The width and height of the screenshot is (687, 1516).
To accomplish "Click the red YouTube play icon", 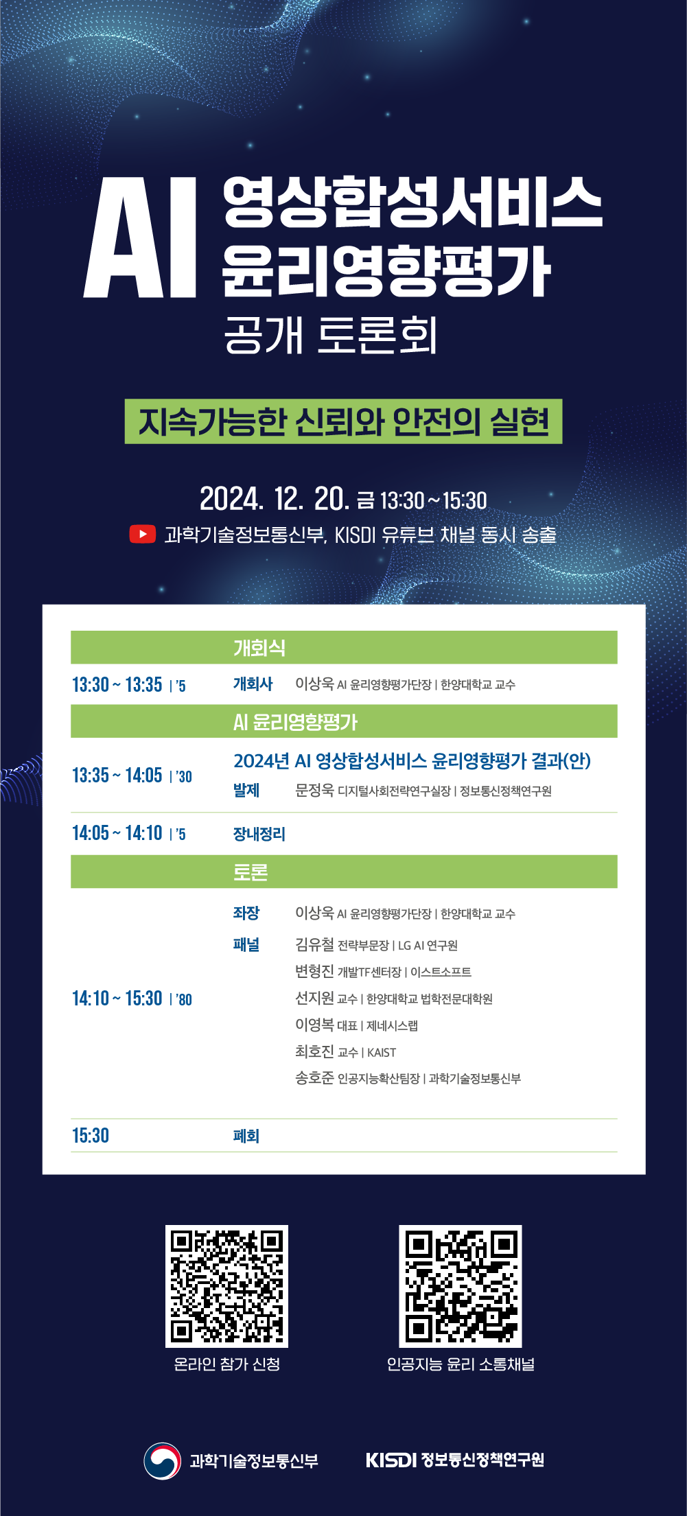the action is [142, 534].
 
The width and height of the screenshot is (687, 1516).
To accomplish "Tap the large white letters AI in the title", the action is [141, 237].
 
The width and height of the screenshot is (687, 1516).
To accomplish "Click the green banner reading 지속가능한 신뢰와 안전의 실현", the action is [343, 421].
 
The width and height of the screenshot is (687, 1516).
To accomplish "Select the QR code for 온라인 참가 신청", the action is [226, 1286].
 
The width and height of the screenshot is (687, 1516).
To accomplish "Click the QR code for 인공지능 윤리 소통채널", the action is [461, 1286].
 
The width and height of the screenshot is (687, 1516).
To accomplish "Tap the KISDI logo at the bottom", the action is [391, 1460].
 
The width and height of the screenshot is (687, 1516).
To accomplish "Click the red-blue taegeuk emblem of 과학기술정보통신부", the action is [162, 1460].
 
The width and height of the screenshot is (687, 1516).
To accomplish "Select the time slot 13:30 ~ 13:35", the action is [117, 684].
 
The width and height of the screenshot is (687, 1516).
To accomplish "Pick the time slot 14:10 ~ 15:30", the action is [117, 998].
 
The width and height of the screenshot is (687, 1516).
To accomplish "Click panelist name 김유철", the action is [314, 944].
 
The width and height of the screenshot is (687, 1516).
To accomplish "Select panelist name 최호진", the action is [314, 1051].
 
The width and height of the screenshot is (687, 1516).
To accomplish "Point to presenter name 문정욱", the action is [314, 790].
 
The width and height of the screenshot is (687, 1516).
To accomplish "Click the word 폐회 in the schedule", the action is [246, 1136].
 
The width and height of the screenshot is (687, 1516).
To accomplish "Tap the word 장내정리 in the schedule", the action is [259, 834].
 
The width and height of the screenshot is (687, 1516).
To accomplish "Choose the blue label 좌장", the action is [246, 913].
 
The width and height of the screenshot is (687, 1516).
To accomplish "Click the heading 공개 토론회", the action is [331, 335].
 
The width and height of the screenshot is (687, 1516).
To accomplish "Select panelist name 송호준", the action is [314, 1077].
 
